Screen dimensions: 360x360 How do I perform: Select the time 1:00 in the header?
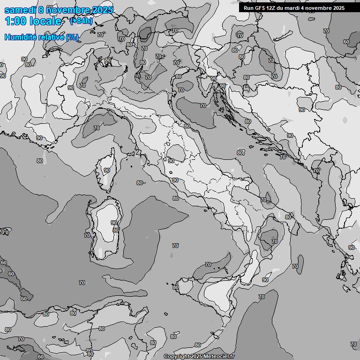16,21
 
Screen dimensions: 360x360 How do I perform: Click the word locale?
45,21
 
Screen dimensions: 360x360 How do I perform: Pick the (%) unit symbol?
72,37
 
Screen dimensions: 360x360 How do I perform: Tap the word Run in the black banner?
248,8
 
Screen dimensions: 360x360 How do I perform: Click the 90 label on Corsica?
107,170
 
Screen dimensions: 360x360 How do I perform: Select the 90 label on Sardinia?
113,223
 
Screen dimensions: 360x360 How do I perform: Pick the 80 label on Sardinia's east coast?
116,230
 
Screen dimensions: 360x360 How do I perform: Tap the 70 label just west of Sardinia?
87,235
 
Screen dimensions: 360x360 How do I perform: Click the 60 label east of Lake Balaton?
346,42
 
